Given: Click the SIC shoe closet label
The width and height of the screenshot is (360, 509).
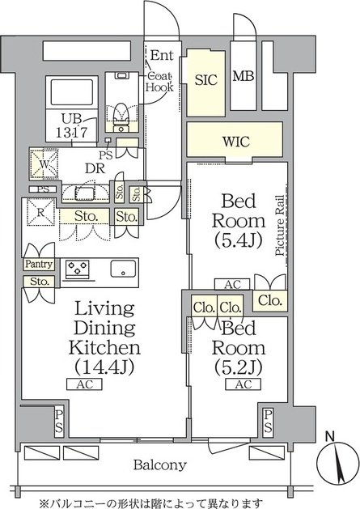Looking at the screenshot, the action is coord(205,79).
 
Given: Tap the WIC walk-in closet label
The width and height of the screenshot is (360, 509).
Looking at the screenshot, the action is coord(236,142).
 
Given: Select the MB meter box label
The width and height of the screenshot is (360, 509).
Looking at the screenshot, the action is coord(244,76).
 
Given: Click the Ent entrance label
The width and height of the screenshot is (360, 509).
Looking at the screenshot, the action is coord(162,55).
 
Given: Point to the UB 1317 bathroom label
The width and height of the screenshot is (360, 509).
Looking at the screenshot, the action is coord(71,125).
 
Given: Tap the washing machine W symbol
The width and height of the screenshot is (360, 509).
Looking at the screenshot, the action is coord(44,164).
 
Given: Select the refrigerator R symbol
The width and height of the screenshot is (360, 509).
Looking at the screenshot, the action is coord(40,212).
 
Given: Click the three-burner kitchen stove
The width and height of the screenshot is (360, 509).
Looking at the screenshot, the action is coord(78,269).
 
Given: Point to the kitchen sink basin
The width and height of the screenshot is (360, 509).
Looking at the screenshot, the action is coord(123,269).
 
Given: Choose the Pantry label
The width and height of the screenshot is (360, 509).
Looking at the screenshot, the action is coord(39,264).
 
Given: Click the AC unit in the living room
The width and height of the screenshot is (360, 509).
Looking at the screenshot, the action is coord(84,384).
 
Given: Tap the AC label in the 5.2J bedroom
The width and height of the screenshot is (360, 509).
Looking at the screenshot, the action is coord(244,384).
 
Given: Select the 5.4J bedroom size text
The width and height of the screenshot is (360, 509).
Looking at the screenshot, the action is coord(238,241).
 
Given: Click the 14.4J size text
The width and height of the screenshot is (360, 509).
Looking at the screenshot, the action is coord(104,367).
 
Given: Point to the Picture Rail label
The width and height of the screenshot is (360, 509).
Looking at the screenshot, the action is coord(280,226).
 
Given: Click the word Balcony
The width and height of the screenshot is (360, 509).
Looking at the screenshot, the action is coord(160,465).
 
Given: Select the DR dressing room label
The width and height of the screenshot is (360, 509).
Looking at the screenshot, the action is coord(95,168).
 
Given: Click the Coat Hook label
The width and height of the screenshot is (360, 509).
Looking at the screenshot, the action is coord(159,82).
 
